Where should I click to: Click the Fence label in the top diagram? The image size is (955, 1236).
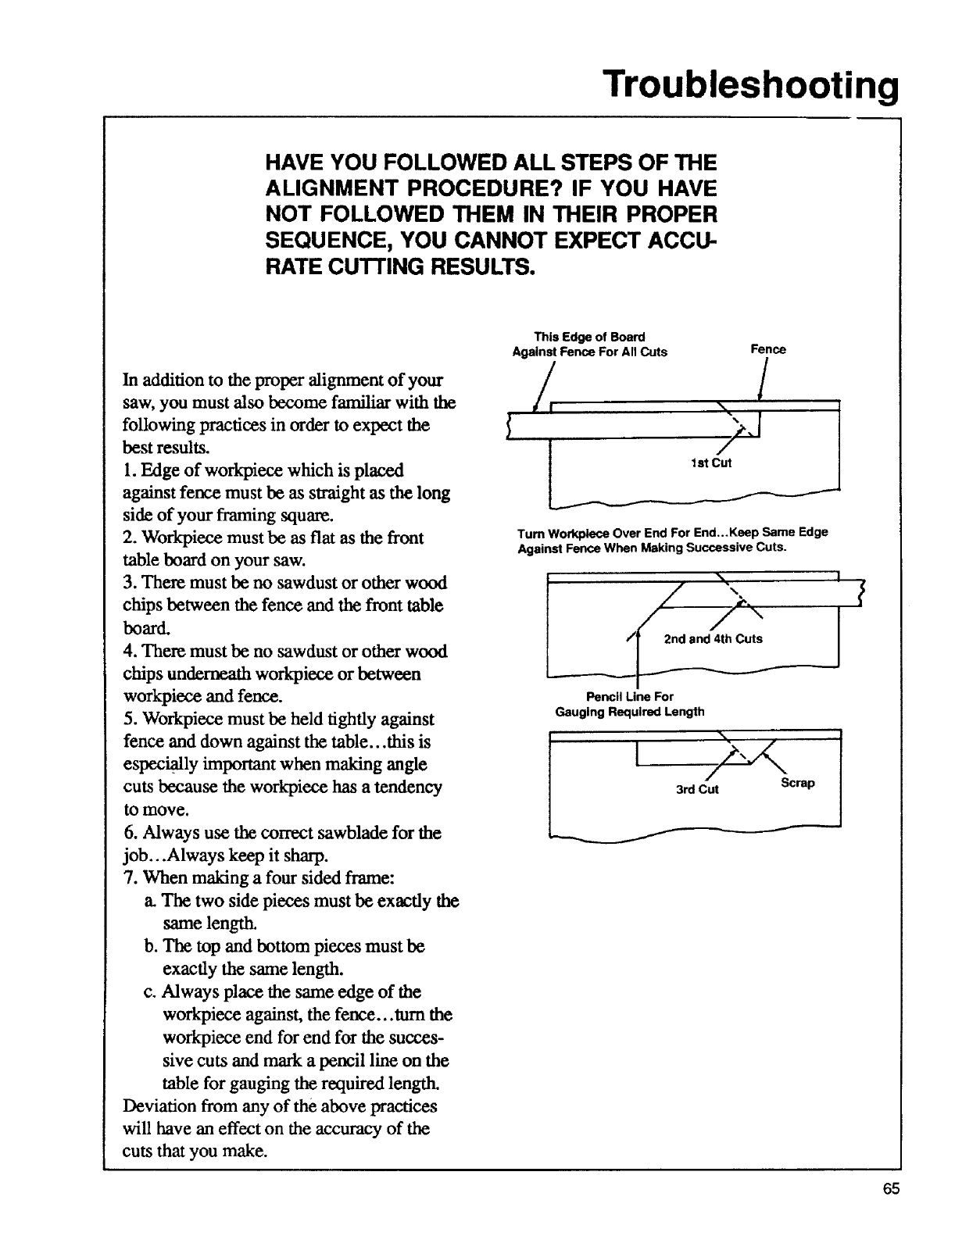point(767,349)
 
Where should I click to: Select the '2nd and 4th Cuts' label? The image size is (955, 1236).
point(713,638)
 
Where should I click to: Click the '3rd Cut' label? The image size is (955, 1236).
point(697,789)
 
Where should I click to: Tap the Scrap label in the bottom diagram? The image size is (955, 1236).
point(797,783)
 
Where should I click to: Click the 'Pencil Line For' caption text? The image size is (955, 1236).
point(630,696)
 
